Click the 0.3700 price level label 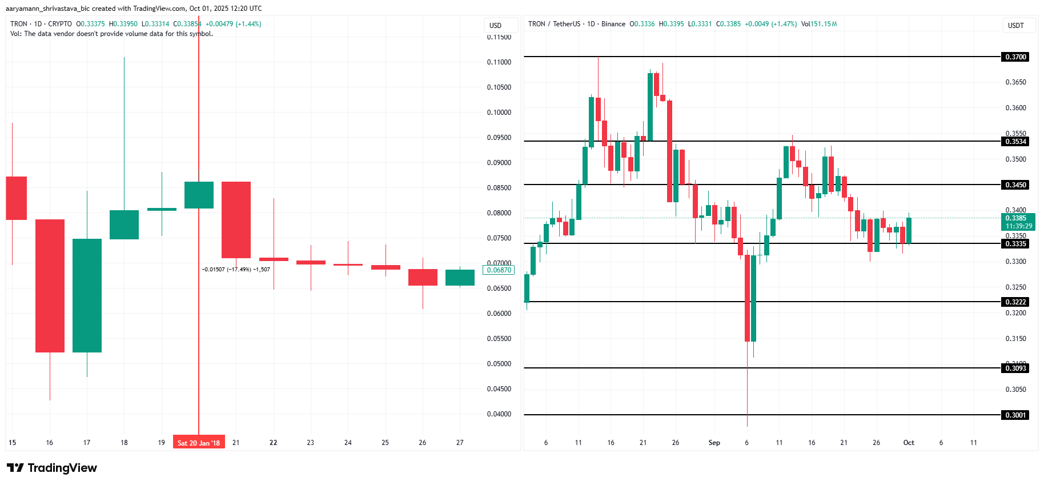(1015, 57)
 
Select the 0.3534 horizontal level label (1015, 141)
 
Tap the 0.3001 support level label (1015, 415)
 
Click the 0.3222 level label (1015, 302)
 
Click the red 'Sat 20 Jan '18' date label (199, 443)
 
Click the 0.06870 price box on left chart (499, 270)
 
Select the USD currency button (495, 25)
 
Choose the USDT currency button (1015, 25)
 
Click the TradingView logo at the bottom (52, 468)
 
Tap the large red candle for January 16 (50, 286)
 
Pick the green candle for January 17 (87, 295)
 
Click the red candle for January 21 (236, 220)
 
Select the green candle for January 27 (460, 278)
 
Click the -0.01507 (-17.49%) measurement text (236, 269)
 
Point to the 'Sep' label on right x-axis (714, 443)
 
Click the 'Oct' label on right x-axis (908, 443)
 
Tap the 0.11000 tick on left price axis (499, 62)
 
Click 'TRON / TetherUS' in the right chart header (554, 24)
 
